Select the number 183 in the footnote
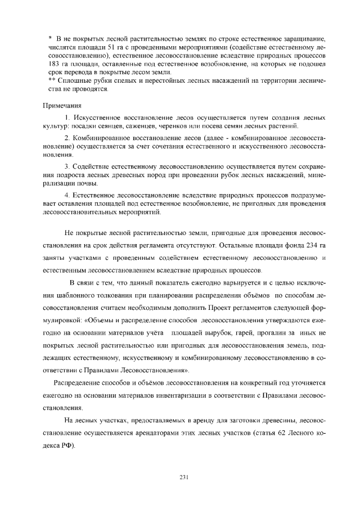tap(51, 65)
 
